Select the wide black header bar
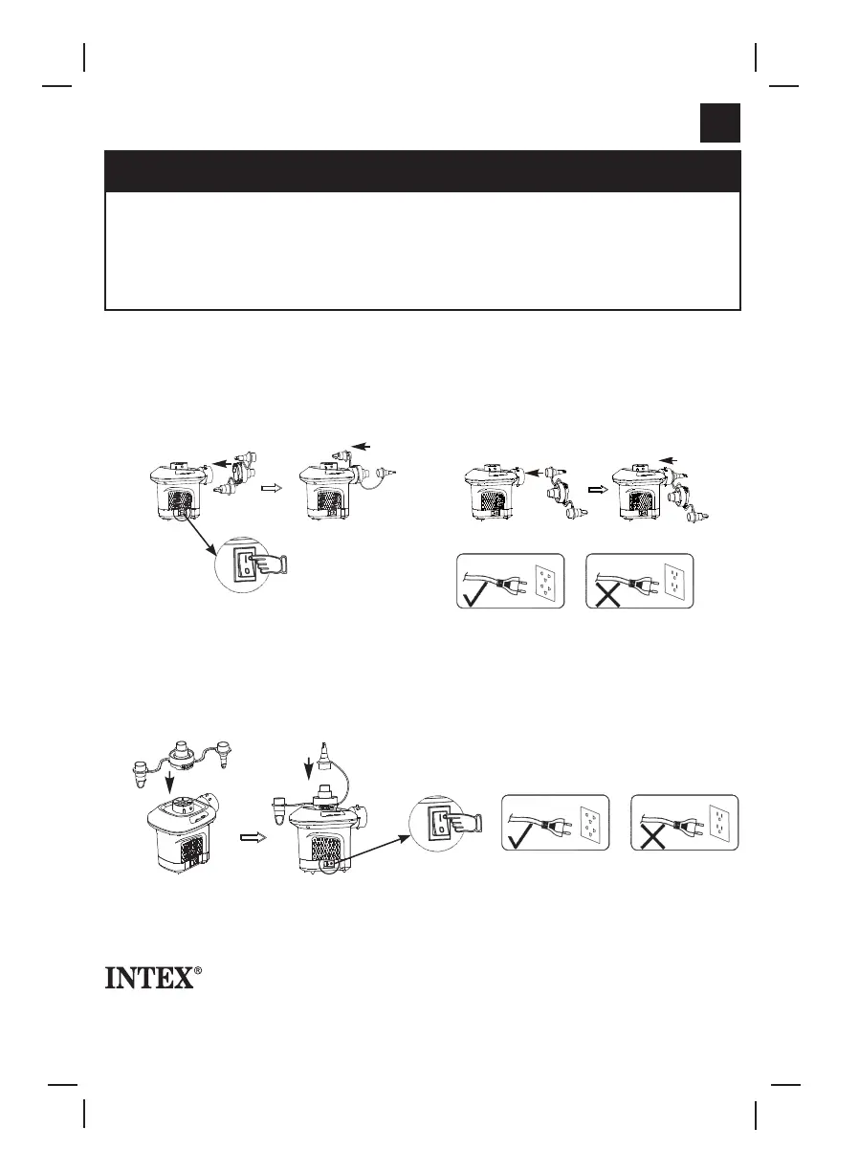(x=422, y=170)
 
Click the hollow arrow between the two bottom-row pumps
(x=250, y=836)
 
